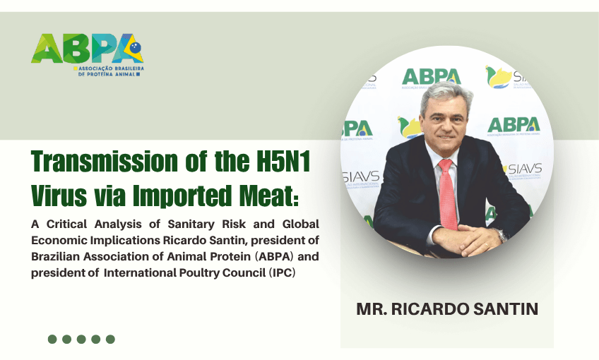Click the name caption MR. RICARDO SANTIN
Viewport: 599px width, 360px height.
pyautogui.click(x=446, y=309)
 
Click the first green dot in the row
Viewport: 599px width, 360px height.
pyautogui.click(x=52, y=339)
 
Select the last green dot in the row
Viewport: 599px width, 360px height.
pyautogui.click(x=110, y=339)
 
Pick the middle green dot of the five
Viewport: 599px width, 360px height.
pyautogui.click(x=81, y=339)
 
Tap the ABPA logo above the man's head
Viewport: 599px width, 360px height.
pyautogui.click(x=431, y=76)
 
